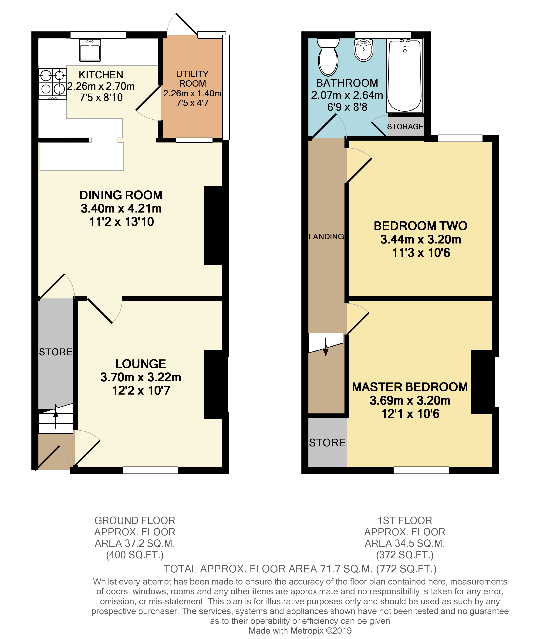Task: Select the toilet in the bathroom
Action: (x=328, y=57)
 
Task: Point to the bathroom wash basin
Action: (x=364, y=50)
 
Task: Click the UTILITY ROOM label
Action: (x=192, y=79)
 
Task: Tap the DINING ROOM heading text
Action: (x=121, y=195)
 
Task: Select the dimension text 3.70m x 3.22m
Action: (x=141, y=377)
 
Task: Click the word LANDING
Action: (x=326, y=236)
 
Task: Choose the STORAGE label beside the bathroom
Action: (x=405, y=126)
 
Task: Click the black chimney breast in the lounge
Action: (x=215, y=384)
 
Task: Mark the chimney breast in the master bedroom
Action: (x=483, y=382)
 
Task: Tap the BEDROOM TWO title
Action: (x=420, y=226)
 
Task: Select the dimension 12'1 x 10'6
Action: (x=410, y=414)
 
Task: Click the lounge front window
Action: (x=150, y=470)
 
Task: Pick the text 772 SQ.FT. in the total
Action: (x=406, y=569)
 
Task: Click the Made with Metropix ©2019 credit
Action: (x=300, y=631)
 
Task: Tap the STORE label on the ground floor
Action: (x=56, y=352)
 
